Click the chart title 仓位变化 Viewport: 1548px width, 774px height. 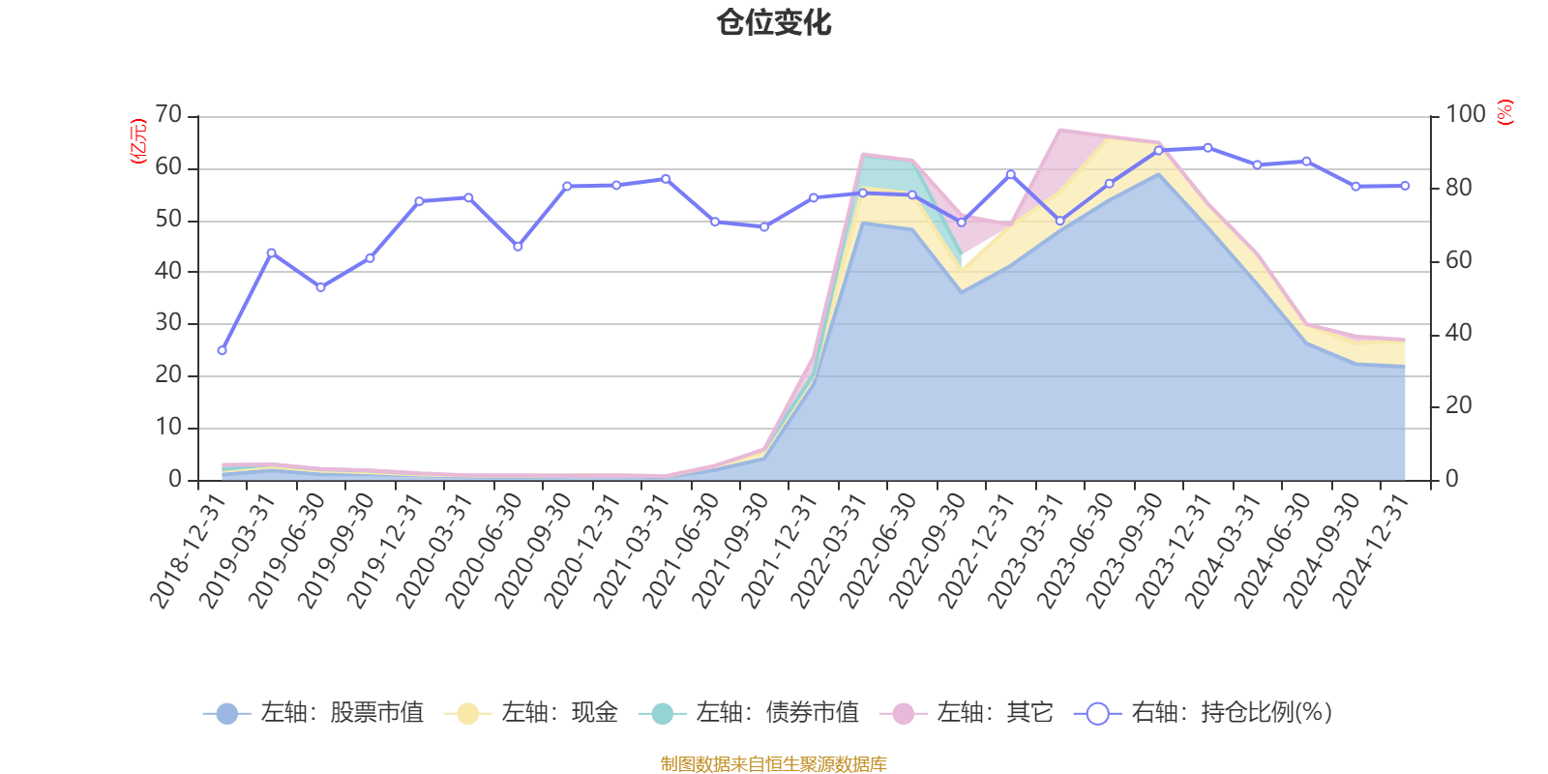[x=774, y=22]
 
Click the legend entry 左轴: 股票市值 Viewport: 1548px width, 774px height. [x=313, y=714]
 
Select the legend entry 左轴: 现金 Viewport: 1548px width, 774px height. [x=531, y=714]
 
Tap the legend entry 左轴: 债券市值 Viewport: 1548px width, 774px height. [x=749, y=714]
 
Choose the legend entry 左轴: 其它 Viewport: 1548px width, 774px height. [x=967, y=714]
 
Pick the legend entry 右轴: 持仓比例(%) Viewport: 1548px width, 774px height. [x=1204, y=714]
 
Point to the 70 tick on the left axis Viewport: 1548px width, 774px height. [x=168, y=115]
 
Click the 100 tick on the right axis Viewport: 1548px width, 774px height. [x=1465, y=115]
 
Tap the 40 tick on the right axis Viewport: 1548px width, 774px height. [x=1458, y=334]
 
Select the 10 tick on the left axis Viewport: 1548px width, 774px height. [x=168, y=427]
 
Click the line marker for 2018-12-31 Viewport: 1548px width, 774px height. [x=222, y=350]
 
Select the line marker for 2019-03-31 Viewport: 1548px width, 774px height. [x=271, y=253]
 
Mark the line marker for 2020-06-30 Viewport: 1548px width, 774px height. [x=518, y=247]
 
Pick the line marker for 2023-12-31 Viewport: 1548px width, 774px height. [x=1207, y=148]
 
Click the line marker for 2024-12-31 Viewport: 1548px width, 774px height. [x=1405, y=186]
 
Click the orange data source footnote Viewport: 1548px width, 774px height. [x=773, y=764]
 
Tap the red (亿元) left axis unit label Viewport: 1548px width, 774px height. [x=137, y=141]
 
